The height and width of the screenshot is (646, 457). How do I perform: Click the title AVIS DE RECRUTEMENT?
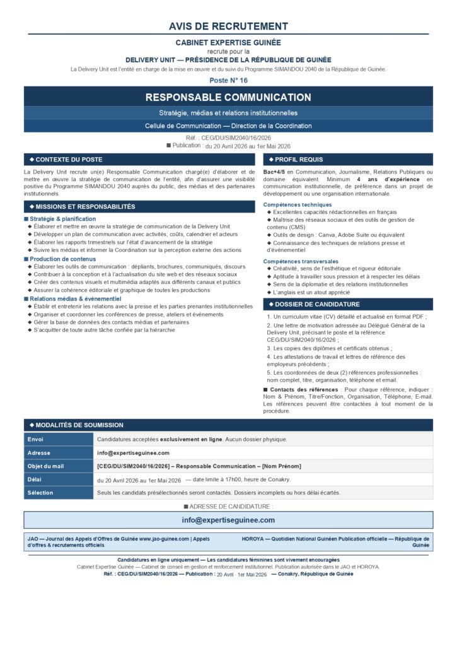pyautogui.click(x=228, y=26)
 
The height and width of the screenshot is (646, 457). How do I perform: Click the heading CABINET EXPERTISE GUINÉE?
pyautogui.click(x=228, y=42)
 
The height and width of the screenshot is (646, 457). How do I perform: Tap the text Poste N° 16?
pyautogui.click(x=228, y=80)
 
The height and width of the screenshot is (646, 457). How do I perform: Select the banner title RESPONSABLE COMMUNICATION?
pyautogui.click(x=228, y=97)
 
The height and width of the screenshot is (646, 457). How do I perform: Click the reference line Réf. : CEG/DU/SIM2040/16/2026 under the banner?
pyautogui.click(x=228, y=138)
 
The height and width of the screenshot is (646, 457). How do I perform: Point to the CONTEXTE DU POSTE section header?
pyautogui.click(x=69, y=160)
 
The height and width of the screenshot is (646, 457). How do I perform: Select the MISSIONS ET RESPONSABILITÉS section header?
pyautogui.click(x=85, y=206)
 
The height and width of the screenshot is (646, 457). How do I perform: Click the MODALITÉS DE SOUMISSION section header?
pyautogui.click(x=79, y=425)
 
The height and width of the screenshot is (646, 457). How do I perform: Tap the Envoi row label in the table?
pyautogui.click(x=36, y=439)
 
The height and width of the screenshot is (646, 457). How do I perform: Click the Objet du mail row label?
pyautogui.click(x=45, y=466)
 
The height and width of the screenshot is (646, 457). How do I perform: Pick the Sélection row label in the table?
pyautogui.click(x=40, y=493)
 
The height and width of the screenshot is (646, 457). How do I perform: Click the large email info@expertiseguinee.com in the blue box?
pyautogui.click(x=228, y=520)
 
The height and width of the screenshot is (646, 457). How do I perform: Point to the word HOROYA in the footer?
pyautogui.click(x=254, y=539)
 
